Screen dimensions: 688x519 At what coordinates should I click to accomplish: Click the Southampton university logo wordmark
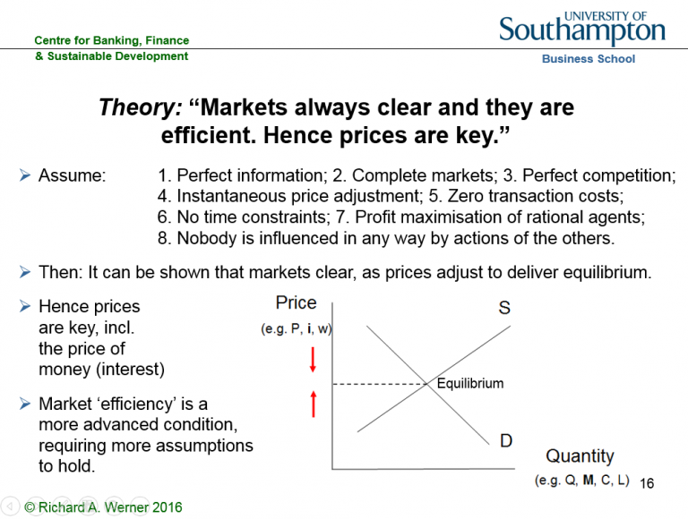pyautogui.click(x=581, y=28)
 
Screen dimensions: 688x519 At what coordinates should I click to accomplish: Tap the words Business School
pyautogui.click(x=589, y=59)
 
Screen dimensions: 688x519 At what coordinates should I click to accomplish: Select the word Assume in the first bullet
pyautogui.click(x=72, y=175)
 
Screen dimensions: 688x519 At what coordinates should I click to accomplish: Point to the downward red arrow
pyautogui.click(x=313, y=360)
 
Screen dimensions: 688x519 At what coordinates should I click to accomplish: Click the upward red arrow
pyautogui.click(x=314, y=404)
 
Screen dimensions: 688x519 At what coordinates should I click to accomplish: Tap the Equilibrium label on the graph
pyautogui.click(x=470, y=384)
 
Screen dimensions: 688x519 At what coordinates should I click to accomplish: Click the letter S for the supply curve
pyautogui.click(x=504, y=308)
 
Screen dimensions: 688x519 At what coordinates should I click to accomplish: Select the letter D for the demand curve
pyautogui.click(x=506, y=440)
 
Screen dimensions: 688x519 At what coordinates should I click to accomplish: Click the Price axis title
pyautogui.click(x=297, y=302)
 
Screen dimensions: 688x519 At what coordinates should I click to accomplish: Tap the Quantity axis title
pyautogui.click(x=580, y=456)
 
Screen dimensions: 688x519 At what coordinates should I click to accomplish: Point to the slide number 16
pyautogui.click(x=647, y=483)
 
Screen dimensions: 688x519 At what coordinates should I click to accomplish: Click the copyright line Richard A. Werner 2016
pyautogui.click(x=103, y=507)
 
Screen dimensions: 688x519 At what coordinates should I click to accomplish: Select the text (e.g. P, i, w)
pyautogui.click(x=297, y=328)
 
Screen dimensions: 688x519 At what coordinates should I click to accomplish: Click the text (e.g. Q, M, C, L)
pyautogui.click(x=581, y=481)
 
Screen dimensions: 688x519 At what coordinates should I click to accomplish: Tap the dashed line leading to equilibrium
pyautogui.click(x=380, y=385)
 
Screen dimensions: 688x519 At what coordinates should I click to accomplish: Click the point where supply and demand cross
pyautogui.click(x=427, y=385)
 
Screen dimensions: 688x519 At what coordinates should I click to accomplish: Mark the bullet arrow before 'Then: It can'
pyautogui.click(x=25, y=272)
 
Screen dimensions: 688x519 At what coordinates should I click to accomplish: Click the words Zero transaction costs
pyautogui.click(x=536, y=196)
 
